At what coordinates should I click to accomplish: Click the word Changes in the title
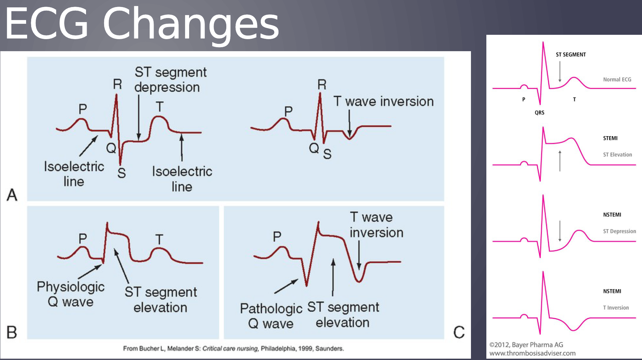pyautogui.click(x=191, y=24)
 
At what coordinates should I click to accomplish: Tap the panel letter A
pyautogui.click(x=12, y=195)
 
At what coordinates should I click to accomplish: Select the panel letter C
pyautogui.click(x=459, y=332)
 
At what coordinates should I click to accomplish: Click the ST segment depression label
pyautogui.click(x=170, y=80)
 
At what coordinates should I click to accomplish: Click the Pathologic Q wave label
pyautogui.click(x=271, y=316)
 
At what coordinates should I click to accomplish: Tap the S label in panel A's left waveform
pyautogui.click(x=122, y=173)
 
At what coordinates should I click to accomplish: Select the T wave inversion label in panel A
pyautogui.click(x=383, y=101)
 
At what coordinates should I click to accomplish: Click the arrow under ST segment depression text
pyautogui.click(x=139, y=117)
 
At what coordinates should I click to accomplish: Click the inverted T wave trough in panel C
pyautogui.click(x=358, y=280)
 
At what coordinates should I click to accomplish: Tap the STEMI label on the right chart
pyautogui.click(x=610, y=138)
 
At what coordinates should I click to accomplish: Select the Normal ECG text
pyautogui.click(x=617, y=80)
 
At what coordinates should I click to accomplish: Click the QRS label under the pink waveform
pyautogui.click(x=539, y=113)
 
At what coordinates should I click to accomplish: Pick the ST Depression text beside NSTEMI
pyautogui.click(x=619, y=231)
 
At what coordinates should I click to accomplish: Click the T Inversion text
pyautogui.click(x=616, y=307)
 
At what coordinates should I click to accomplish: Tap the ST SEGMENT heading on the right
pyautogui.click(x=571, y=55)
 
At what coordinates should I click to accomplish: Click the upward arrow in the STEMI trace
pyautogui.click(x=560, y=161)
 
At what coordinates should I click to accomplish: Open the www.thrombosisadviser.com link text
pyautogui.click(x=532, y=353)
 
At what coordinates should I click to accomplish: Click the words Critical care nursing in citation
pyautogui.click(x=230, y=349)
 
